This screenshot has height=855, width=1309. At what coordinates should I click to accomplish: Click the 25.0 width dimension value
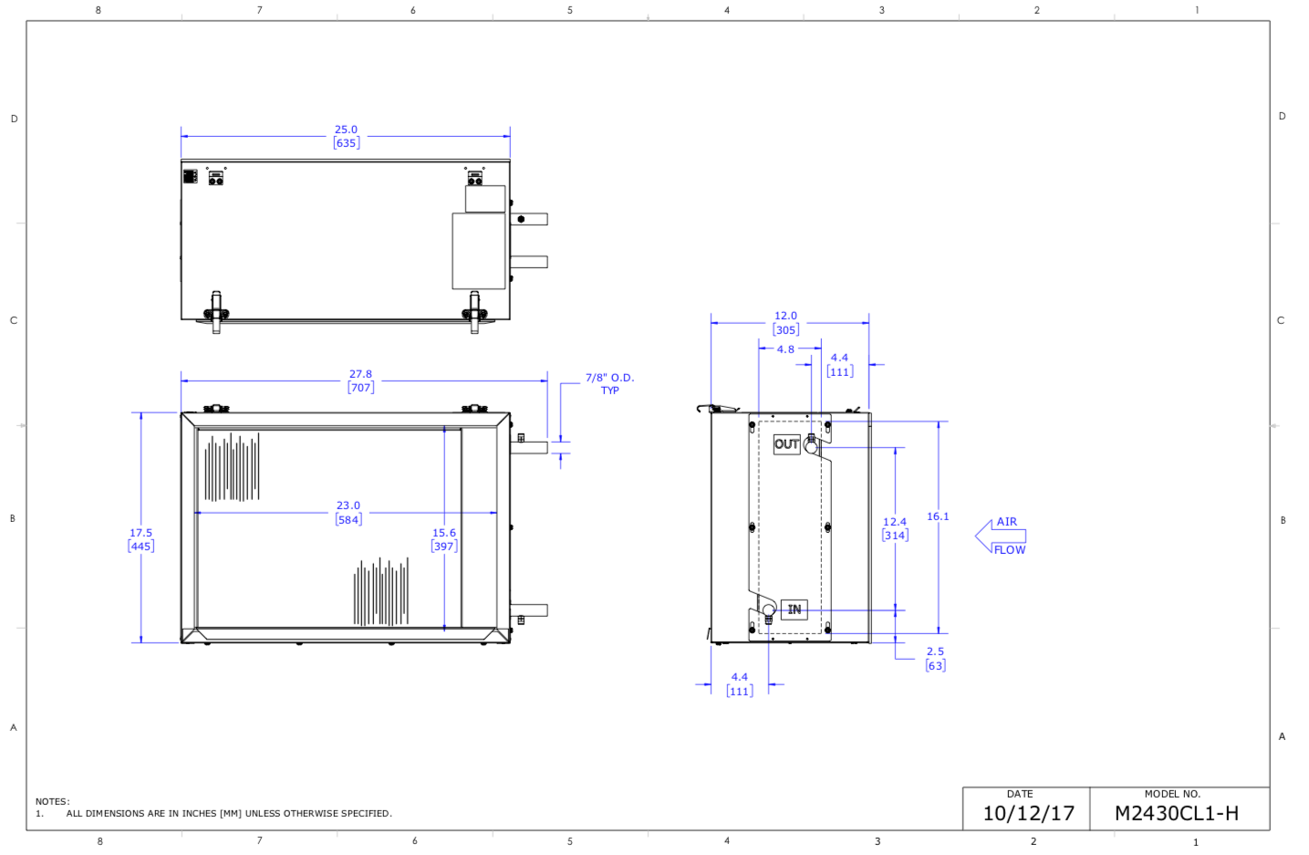pyautogui.click(x=346, y=130)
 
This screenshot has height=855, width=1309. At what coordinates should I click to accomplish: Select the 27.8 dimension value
pyautogui.click(x=360, y=374)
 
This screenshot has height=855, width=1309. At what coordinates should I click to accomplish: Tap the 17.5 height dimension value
pyautogui.click(x=140, y=533)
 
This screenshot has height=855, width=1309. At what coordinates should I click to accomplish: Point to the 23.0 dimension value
pyautogui.click(x=348, y=506)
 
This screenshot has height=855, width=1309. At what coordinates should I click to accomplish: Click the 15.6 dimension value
pyautogui.click(x=444, y=533)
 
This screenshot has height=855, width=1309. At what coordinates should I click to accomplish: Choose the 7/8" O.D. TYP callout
pyautogui.click(x=609, y=383)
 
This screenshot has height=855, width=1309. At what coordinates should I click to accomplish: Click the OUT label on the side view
pyautogui.click(x=786, y=444)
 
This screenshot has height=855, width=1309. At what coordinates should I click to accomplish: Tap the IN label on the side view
pyautogui.click(x=795, y=610)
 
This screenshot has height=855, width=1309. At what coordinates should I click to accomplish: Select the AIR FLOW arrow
pyautogui.click(x=1001, y=536)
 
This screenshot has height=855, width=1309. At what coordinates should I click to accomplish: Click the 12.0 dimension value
pyautogui.click(x=785, y=316)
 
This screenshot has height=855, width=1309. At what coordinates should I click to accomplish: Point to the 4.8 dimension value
pyautogui.click(x=785, y=349)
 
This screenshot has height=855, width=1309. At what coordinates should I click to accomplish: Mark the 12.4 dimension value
pyautogui.click(x=894, y=522)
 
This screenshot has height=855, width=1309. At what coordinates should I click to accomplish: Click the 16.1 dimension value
pyautogui.click(x=938, y=516)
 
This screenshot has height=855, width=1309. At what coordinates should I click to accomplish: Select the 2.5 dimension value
pyautogui.click(x=935, y=652)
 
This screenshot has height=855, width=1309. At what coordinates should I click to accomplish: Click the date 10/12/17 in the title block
pyautogui.click(x=1028, y=813)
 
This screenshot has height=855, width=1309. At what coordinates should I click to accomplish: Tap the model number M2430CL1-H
pyautogui.click(x=1177, y=813)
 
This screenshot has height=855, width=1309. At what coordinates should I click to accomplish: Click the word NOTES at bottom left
pyautogui.click(x=52, y=801)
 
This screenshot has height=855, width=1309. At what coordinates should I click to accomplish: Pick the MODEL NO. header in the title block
pyautogui.click(x=1172, y=794)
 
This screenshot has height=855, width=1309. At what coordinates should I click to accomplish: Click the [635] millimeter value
pyautogui.click(x=346, y=143)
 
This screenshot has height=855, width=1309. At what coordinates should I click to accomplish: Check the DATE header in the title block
pyautogui.click(x=1020, y=794)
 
